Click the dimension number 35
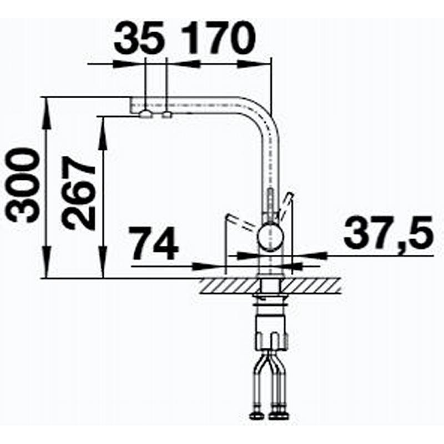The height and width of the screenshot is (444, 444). point(139,39)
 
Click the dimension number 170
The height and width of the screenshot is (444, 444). point(218,38)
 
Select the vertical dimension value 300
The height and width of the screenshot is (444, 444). point(22,185)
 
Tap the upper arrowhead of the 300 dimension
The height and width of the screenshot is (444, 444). point(47,113)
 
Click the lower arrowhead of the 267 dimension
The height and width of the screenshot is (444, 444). point(103,262)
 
